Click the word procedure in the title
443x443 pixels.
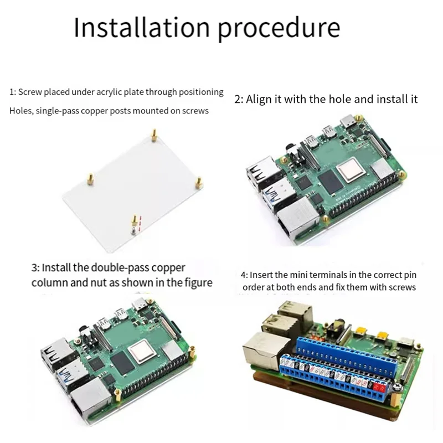(x=279, y=28)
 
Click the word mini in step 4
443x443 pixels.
(x=298, y=275)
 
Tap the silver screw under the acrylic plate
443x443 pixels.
(x=133, y=227)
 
